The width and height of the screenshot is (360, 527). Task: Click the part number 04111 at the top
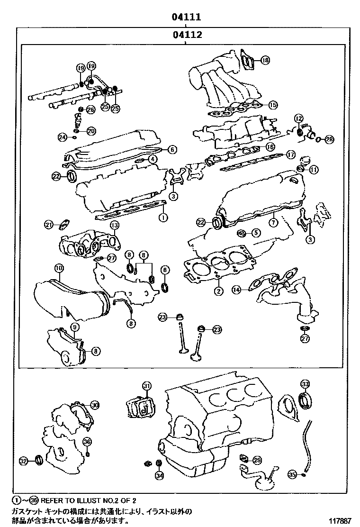(x=187, y=18)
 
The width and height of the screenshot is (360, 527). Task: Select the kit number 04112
(x=187, y=35)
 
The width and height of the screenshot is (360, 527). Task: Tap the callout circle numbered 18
(x=265, y=60)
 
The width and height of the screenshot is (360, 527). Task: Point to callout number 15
(x=272, y=105)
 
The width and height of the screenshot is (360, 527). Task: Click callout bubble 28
(x=329, y=139)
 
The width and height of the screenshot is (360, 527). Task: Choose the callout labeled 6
(x=172, y=149)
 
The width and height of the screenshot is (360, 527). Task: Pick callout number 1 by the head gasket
(x=162, y=218)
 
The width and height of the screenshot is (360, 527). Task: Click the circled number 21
(x=49, y=225)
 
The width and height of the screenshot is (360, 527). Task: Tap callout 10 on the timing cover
(x=59, y=268)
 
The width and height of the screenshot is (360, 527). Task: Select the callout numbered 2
(x=218, y=291)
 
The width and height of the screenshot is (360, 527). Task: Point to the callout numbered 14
(x=236, y=289)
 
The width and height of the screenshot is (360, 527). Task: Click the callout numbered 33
(x=305, y=384)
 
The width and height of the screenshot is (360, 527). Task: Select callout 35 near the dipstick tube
(x=292, y=473)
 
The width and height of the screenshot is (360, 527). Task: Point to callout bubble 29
(x=257, y=460)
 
